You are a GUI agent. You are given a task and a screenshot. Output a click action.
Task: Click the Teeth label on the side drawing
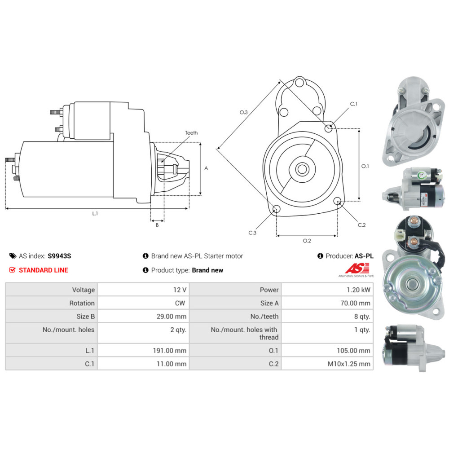[x=191, y=133]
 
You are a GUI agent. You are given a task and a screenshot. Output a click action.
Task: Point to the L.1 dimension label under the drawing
[x=95, y=213]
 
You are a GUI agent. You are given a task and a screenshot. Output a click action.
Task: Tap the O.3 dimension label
[x=244, y=112]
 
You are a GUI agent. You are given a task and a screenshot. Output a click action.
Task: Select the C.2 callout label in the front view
[x=361, y=225]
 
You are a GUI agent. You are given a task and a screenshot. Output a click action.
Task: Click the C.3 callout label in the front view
[x=252, y=233]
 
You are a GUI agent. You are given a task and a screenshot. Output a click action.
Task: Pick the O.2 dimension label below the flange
[x=307, y=241]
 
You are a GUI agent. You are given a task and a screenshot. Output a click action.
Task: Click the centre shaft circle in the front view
[x=302, y=169]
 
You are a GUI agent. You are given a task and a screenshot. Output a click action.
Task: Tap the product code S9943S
[x=59, y=256]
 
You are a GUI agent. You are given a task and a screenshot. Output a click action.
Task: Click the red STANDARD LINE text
[x=44, y=270]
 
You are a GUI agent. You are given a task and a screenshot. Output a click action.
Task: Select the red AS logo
[x=357, y=269]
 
